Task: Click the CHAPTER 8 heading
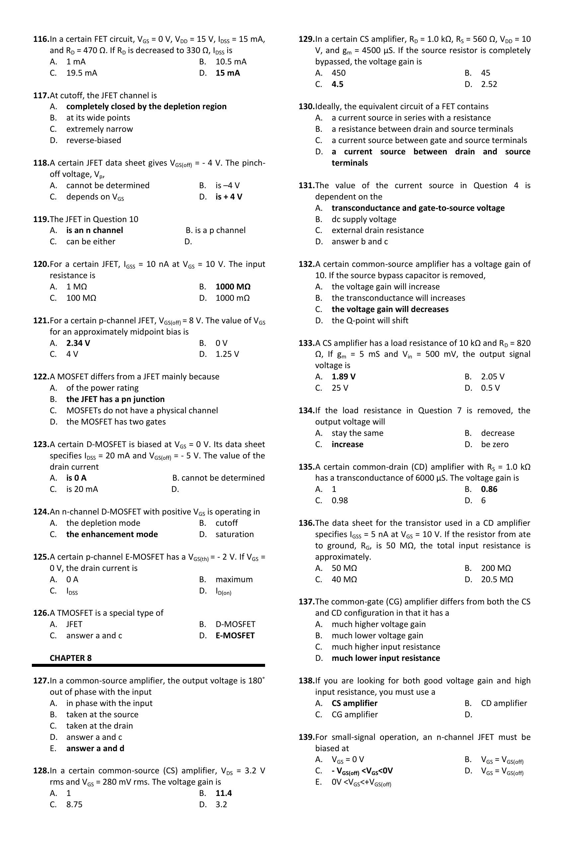[x=71, y=658]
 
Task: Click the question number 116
[x=40, y=39]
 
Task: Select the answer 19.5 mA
[x=82, y=73]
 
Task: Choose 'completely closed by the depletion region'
[x=146, y=107]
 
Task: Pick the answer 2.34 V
[x=78, y=343]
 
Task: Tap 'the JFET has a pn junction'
[x=115, y=399]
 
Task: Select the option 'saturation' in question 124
[x=235, y=534]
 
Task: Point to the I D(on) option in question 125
[x=223, y=591]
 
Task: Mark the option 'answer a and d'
[x=95, y=748]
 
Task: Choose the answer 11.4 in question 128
[x=224, y=793]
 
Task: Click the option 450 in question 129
[x=338, y=73]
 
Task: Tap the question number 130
[x=306, y=107]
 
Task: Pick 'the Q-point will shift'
[x=370, y=321]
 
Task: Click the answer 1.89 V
[x=343, y=377]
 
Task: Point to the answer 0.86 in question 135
[x=489, y=489]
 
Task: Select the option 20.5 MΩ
[x=497, y=580]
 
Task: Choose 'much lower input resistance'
[x=386, y=658]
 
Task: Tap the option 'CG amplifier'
[x=355, y=714]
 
